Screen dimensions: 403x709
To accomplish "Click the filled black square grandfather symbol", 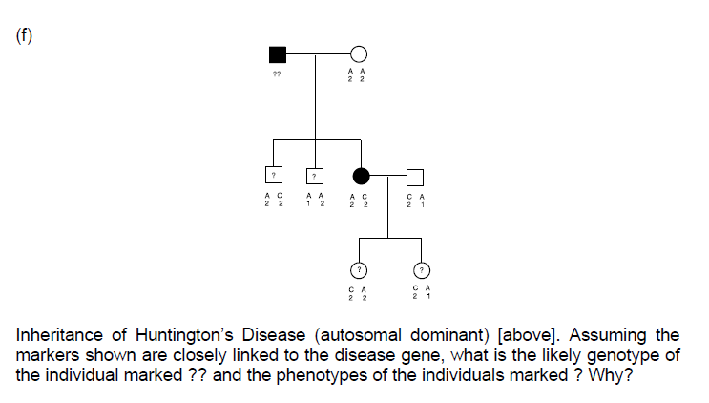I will point(278,54).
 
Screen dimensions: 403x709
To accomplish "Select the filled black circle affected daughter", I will point(361,176).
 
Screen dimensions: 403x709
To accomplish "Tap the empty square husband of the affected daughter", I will point(414,176).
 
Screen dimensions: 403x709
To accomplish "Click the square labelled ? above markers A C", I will point(273,176).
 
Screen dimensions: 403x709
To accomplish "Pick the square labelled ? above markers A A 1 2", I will point(314,176).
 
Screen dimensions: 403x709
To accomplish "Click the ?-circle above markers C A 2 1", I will point(422,270).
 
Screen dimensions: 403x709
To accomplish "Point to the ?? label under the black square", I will point(278,74).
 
